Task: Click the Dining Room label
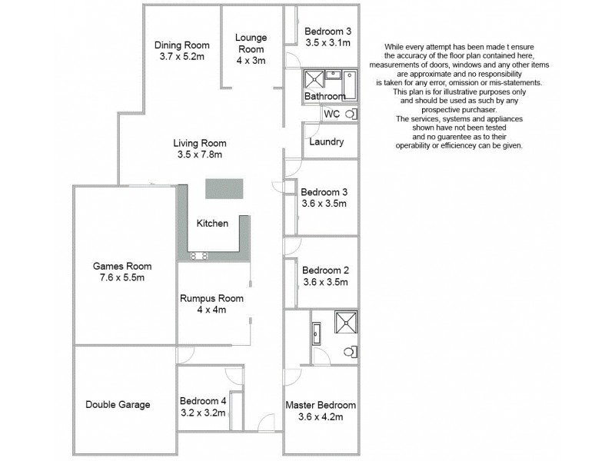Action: coord(181,45)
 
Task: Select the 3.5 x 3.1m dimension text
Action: coord(327,43)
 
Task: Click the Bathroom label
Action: coord(324,97)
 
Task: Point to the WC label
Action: coord(332,114)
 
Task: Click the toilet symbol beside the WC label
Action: coord(351,114)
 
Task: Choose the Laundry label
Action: coord(326,142)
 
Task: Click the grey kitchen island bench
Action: coord(224,189)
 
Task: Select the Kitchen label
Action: coord(212,224)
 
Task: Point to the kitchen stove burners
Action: coord(200,255)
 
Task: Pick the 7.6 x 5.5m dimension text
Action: coord(122,277)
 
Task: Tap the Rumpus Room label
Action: coord(211,298)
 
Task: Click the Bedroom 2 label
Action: coord(325,270)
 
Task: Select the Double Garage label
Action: coord(118,405)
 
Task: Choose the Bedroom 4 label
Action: coord(203,400)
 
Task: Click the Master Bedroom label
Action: coord(321,405)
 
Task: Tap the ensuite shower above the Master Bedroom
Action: coord(343,321)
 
